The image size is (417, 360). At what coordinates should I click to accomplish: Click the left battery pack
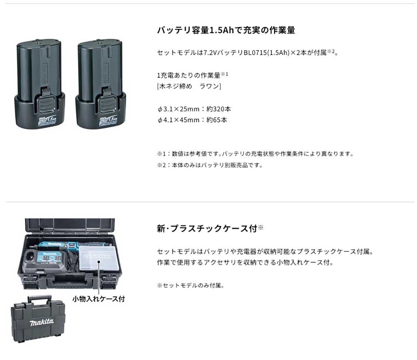(39, 84)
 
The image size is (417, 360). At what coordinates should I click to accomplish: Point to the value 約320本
(219, 109)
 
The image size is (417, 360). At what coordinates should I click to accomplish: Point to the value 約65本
(217, 120)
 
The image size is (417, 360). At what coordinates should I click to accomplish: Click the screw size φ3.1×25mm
(178, 109)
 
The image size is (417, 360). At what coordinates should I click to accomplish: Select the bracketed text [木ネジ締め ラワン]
(189, 86)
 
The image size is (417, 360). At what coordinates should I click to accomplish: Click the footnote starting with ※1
(255, 154)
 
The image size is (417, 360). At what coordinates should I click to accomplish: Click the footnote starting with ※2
(210, 165)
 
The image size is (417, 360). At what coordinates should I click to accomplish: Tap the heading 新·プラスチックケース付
(207, 228)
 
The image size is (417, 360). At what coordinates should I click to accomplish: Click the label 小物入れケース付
(99, 299)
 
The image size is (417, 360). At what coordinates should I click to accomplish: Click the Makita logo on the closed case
(41, 322)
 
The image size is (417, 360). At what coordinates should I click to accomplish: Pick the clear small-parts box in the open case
(98, 258)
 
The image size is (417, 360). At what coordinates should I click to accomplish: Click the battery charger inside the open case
(45, 260)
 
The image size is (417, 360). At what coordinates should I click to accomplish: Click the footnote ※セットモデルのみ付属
(190, 285)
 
